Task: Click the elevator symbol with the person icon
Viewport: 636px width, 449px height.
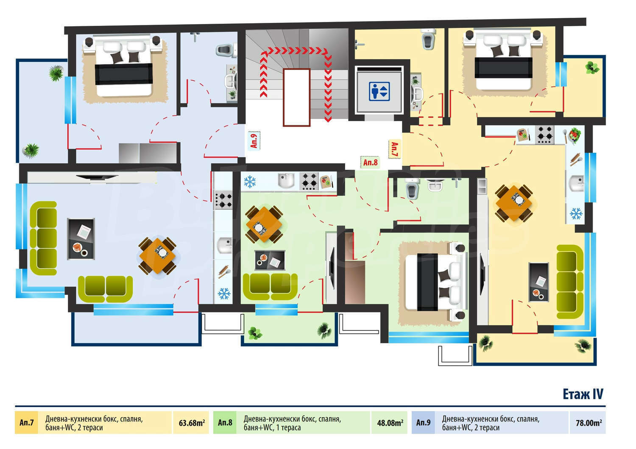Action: pos(379,91)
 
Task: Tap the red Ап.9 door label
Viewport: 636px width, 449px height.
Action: pos(254,141)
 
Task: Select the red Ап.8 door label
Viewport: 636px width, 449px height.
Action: pos(370,162)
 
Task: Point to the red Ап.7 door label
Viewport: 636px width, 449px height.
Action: pos(394,149)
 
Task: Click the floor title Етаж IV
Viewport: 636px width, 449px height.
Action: pos(583,394)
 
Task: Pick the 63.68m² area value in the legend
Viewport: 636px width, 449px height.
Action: pos(192,423)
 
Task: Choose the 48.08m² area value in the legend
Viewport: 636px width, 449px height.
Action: pos(390,423)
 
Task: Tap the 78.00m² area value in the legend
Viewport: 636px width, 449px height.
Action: pos(589,423)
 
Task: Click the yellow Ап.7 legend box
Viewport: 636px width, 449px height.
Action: pos(26,422)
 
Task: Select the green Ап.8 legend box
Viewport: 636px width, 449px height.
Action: pos(225,422)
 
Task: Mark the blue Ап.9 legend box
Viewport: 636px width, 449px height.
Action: pos(423,422)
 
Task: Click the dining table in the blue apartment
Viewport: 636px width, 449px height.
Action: pos(157,256)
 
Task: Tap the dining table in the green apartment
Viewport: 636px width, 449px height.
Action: pos(264,224)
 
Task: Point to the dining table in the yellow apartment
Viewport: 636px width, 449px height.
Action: pos(514,203)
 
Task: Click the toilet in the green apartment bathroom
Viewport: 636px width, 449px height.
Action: pos(412,188)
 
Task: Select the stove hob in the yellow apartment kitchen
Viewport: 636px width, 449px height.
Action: pos(545,135)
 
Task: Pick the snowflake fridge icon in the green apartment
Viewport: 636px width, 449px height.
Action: pos(250,182)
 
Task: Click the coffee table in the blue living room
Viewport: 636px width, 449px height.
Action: pos(81,239)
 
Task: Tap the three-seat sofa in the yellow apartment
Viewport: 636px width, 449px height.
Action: pos(570,282)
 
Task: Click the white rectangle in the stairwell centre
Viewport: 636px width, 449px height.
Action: pos(296,97)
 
